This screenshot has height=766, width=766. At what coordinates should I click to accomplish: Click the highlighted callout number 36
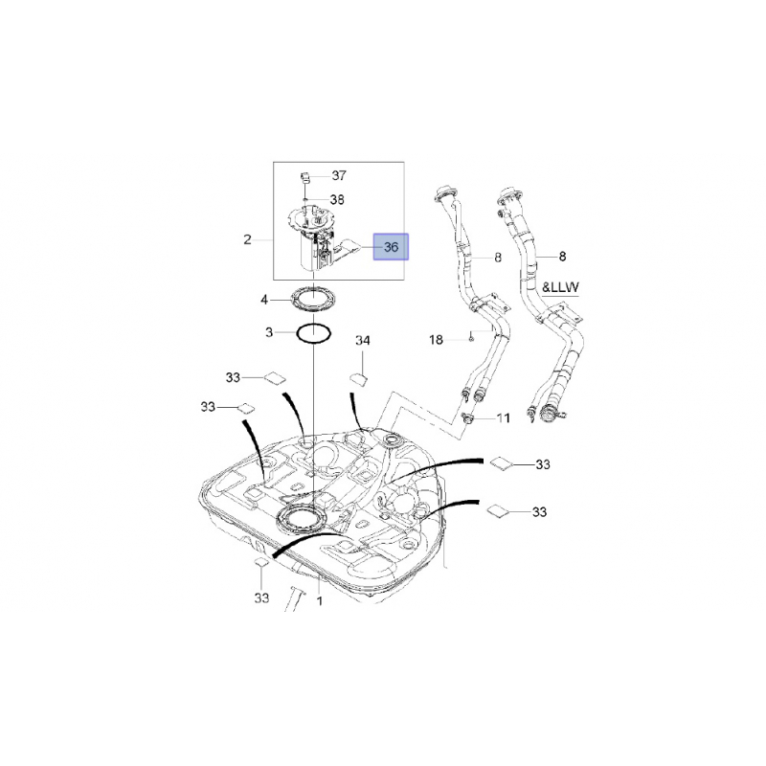(391, 247)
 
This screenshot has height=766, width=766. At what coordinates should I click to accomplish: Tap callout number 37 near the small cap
(339, 175)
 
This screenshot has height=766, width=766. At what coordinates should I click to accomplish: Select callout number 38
(337, 199)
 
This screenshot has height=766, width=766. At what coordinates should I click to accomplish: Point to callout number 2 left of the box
(247, 239)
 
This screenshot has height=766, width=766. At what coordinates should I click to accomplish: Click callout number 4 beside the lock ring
(264, 300)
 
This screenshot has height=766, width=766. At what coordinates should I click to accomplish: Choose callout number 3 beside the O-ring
(269, 332)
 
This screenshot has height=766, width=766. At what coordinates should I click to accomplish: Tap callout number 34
(363, 340)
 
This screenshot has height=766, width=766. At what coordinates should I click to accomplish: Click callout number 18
(436, 339)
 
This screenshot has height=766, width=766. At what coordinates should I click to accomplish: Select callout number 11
(504, 417)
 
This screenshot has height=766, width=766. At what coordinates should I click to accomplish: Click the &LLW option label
(560, 287)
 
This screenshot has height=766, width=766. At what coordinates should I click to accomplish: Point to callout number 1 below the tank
(320, 600)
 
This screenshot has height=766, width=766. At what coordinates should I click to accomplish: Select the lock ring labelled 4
(313, 300)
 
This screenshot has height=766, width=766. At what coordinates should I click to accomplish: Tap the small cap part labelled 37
(304, 176)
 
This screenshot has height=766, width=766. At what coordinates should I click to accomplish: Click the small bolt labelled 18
(470, 336)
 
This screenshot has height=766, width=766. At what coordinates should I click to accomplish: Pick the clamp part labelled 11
(468, 417)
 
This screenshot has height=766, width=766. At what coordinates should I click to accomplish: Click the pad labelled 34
(359, 379)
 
